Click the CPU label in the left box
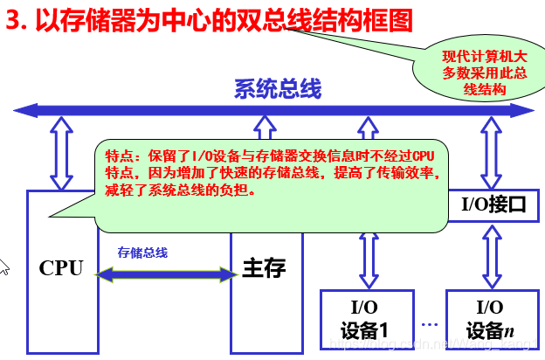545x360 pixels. [x=61, y=268]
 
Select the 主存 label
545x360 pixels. [x=264, y=267]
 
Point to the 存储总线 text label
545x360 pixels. [x=142, y=253]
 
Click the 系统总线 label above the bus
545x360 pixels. [x=277, y=88]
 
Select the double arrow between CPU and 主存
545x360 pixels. [x=166, y=274]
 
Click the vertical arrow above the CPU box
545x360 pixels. [x=62, y=153]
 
